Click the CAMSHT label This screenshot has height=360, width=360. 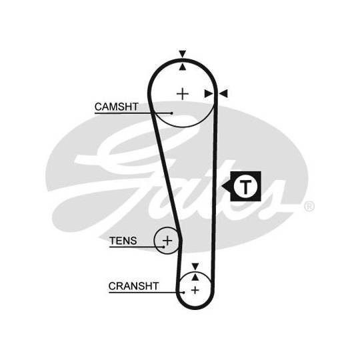[x=117, y=107]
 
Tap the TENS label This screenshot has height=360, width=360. [x=123, y=241]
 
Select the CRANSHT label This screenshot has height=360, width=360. [x=133, y=286]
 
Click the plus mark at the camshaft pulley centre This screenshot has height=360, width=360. [x=183, y=94]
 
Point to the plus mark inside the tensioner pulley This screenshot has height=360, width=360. [x=167, y=241]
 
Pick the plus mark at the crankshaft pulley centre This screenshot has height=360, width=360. [x=195, y=291]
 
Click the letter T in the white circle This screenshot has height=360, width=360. [x=245, y=187]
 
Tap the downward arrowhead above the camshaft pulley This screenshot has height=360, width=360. [x=183, y=54]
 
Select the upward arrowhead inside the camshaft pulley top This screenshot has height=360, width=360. [x=183, y=67]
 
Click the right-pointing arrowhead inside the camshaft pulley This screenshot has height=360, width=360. [x=209, y=94]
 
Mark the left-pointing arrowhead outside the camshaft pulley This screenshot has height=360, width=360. [x=223, y=94]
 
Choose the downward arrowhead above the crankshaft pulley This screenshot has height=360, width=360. [x=195, y=267]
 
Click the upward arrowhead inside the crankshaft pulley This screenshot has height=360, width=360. [x=195, y=277]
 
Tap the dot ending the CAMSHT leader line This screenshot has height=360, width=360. [x=172, y=113]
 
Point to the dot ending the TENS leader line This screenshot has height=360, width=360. [x=164, y=247]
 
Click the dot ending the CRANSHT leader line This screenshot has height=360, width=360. [x=184, y=292]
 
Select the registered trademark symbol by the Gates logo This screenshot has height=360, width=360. [x=309, y=206]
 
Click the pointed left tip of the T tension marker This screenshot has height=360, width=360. [x=222, y=186]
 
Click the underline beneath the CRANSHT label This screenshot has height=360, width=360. [x=146, y=292]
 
